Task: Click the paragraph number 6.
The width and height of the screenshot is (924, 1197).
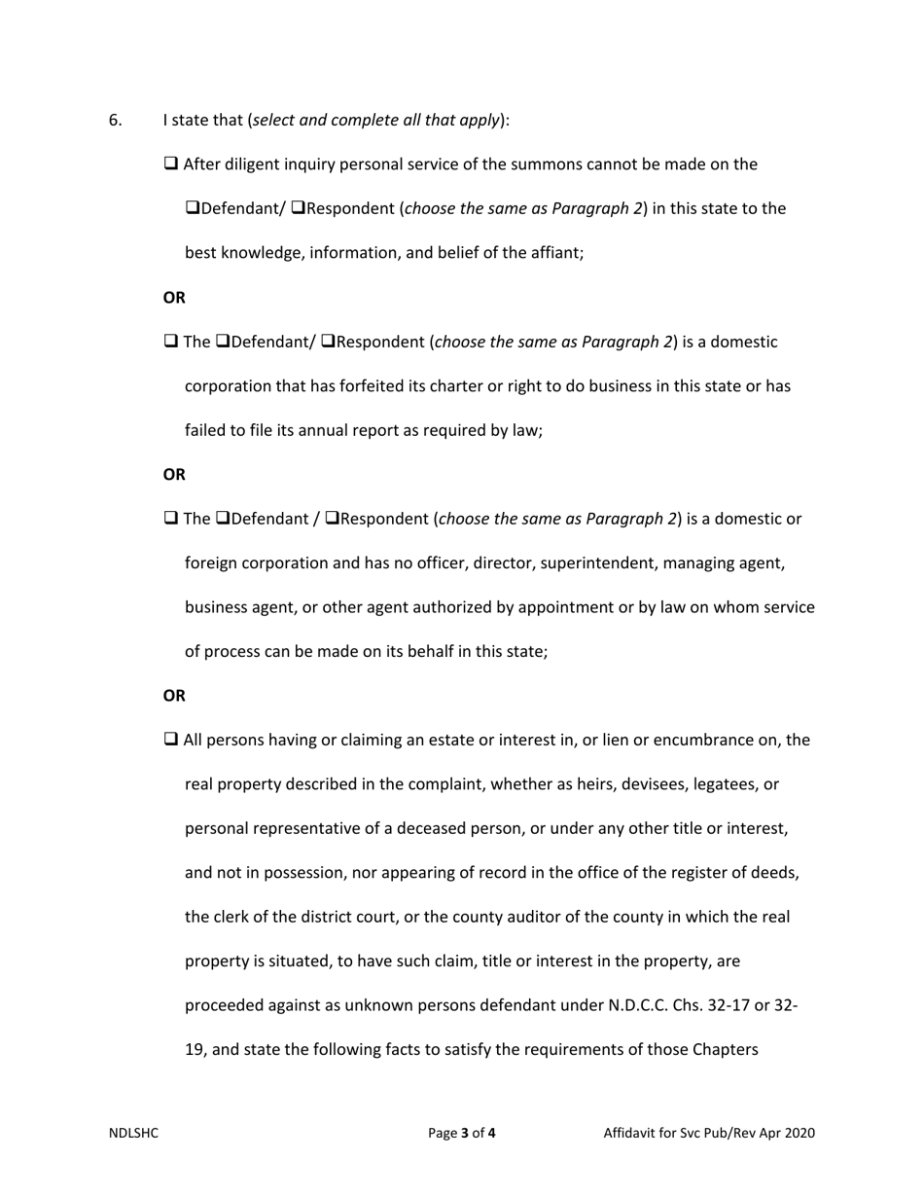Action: point(115,121)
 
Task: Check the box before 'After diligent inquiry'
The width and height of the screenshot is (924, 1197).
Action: point(171,163)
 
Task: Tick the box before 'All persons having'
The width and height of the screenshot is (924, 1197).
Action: point(171,740)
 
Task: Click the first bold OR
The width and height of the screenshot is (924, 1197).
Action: point(174,298)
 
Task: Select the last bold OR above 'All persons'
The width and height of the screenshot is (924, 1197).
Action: point(174,696)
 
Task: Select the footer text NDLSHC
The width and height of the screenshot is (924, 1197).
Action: point(133,1133)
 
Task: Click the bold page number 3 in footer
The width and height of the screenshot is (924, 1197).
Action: point(465,1133)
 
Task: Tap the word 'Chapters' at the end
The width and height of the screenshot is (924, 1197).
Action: point(725,1051)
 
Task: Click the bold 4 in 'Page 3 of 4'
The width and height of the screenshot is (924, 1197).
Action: point(492,1133)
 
